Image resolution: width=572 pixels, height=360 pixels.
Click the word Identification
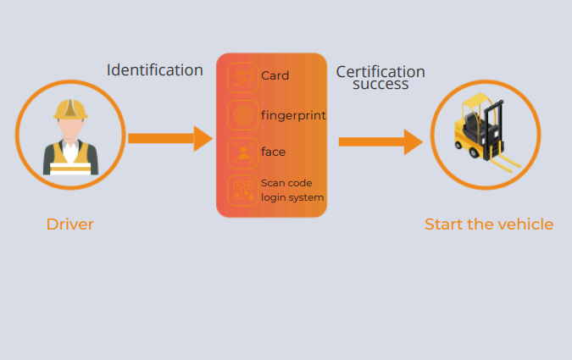click(154, 69)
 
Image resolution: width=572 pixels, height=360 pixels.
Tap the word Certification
click(380, 72)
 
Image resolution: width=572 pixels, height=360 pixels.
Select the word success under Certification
click(380, 84)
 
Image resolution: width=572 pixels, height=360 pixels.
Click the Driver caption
click(69, 224)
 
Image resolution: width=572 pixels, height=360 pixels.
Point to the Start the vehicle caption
click(489, 224)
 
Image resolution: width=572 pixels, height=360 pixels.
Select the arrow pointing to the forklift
click(380, 141)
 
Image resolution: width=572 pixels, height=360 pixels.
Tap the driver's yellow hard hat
click(70, 108)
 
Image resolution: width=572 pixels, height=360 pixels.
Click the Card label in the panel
click(275, 75)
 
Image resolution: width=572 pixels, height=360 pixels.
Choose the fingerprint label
click(293, 114)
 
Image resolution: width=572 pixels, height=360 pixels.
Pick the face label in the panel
click(273, 152)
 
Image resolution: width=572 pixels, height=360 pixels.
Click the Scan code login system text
click(292, 191)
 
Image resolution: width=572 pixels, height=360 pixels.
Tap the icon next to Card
click(242, 76)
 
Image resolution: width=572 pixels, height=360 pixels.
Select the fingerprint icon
click(242, 114)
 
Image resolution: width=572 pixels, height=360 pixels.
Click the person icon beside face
click(242, 152)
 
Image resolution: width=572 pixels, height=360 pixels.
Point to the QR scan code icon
click(242, 191)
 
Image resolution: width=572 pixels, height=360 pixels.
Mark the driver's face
click(70, 128)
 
